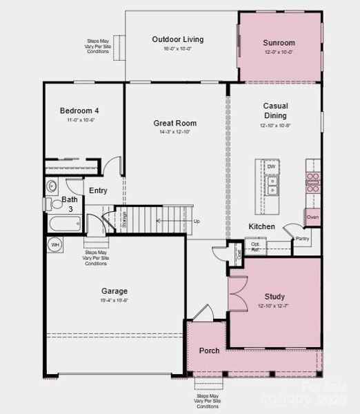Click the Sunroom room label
coord(279,43)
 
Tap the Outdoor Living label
coord(177,39)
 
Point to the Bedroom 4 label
coord(79,110)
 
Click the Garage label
coord(114,291)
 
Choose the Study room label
coord(274,297)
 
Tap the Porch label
coord(210,351)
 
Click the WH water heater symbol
coord(54,244)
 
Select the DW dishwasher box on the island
coord(271,167)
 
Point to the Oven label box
coord(312,217)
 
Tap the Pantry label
coord(302,239)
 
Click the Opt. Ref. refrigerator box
coord(254,246)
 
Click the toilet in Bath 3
coord(48,204)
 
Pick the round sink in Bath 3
coord(52,186)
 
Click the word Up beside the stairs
coord(197,221)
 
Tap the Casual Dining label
coord(275,110)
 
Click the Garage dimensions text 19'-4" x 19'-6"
coord(114,300)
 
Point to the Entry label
coord(98,190)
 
